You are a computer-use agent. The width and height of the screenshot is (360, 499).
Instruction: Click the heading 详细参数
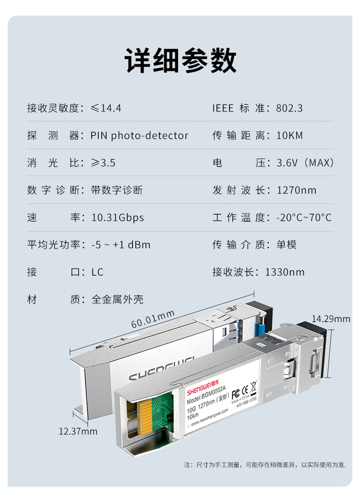point(180,60)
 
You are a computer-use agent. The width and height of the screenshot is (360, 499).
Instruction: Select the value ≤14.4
point(106,108)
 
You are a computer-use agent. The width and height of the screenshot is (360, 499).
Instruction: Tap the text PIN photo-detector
point(139,136)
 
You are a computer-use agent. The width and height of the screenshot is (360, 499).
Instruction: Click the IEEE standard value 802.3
point(289,108)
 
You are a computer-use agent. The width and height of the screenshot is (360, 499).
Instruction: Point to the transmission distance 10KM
point(289,136)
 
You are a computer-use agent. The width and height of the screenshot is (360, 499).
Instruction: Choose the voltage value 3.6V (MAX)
point(305,163)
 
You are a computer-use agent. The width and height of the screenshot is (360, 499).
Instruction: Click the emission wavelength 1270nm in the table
point(296,190)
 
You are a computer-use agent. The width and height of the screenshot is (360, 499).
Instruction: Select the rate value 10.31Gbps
point(118,218)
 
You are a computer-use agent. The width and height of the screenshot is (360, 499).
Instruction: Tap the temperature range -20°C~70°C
point(304,218)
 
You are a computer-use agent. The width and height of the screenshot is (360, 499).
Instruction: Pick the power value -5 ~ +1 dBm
point(121,245)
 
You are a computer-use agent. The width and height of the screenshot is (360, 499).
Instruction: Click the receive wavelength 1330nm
point(285,273)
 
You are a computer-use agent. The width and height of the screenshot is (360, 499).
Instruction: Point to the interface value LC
point(97,273)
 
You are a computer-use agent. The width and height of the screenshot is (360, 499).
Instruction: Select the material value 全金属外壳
point(118,299)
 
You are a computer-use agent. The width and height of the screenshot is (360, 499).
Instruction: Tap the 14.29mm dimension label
point(331,319)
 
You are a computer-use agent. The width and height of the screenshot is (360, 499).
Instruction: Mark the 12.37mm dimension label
point(78,431)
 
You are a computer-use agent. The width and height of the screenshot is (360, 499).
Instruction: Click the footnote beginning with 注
point(265,465)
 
